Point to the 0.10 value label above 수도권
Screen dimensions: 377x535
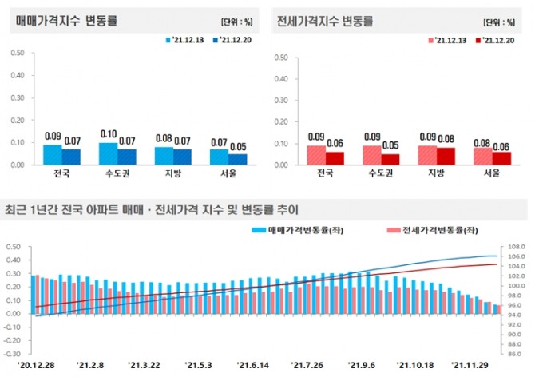tap(109, 135)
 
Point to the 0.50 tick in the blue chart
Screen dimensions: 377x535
tap(18, 53)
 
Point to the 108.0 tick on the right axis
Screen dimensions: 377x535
tap(515, 247)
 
